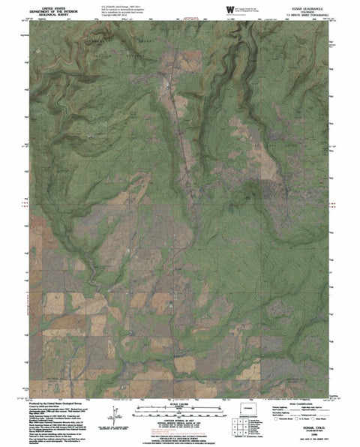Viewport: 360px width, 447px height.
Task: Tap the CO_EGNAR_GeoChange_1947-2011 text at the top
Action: click(120, 4)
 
